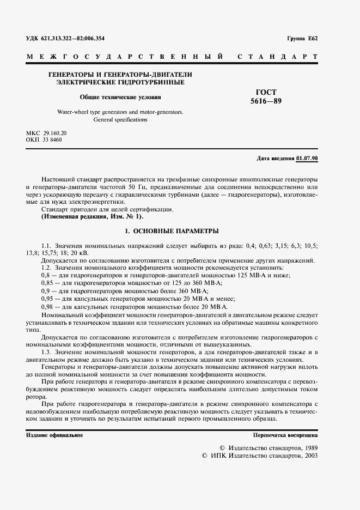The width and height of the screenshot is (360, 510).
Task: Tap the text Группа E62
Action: tap(306, 39)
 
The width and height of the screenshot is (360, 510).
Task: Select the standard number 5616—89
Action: tap(266, 101)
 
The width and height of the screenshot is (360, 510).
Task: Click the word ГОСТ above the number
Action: tap(266, 92)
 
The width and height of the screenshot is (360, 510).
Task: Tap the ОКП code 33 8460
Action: tap(52, 141)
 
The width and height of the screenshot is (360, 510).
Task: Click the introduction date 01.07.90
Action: tap(308, 158)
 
